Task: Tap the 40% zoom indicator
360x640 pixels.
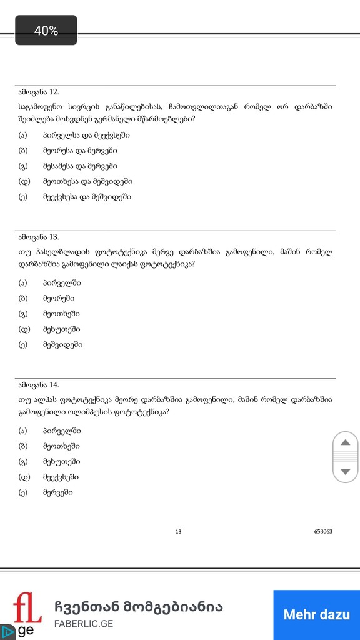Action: [46, 31]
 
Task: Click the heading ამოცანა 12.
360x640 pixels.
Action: [39, 92]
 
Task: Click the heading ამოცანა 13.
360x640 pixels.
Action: [39, 237]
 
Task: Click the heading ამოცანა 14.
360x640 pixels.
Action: [39, 385]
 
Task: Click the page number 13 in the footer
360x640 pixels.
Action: [178, 532]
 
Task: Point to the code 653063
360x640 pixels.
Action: [323, 532]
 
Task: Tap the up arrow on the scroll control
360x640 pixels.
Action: [345, 443]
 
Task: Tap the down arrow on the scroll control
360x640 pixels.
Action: [345, 471]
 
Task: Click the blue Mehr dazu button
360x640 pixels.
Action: [316, 614]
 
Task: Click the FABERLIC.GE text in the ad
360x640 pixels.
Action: [83, 624]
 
